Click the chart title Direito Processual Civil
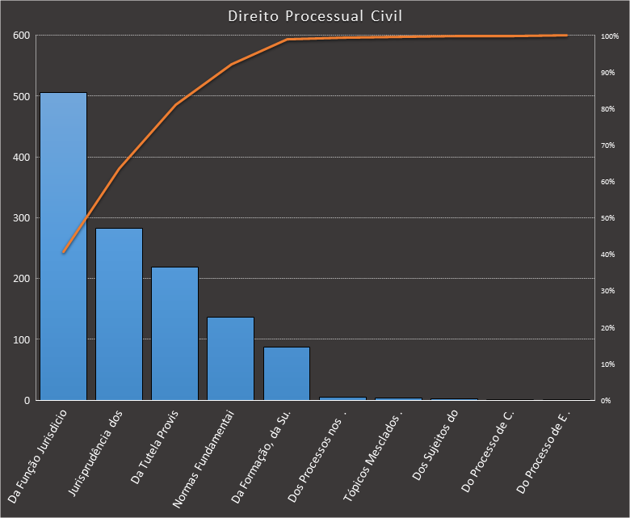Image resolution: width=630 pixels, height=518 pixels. pos(315,16)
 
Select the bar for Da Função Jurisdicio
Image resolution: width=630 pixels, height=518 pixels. pos(63,246)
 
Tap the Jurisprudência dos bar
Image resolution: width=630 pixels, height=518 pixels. pos(119,314)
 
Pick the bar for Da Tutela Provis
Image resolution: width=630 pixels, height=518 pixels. pos(174,334)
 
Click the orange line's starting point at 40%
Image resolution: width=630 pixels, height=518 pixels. pos(63,252)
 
